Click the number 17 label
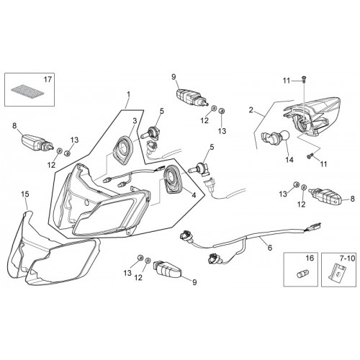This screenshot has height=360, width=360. [48, 79]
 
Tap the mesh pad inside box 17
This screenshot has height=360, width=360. [28, 91]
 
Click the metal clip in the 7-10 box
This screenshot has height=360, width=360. [336, 272]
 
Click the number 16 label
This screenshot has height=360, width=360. [310, 258]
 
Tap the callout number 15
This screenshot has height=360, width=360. [25, 194]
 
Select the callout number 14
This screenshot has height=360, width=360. [289, 160]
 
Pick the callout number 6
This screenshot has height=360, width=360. [270, 248]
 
